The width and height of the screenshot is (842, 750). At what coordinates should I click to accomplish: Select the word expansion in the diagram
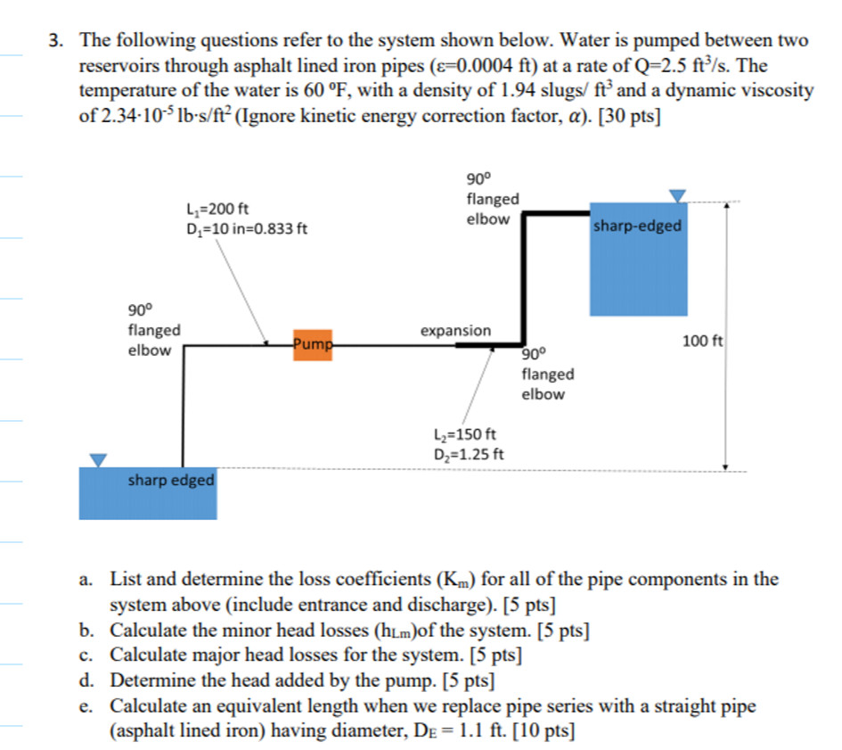(x=455, y=331)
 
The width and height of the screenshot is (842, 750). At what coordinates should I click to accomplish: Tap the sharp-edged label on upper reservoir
(x=637, y=226)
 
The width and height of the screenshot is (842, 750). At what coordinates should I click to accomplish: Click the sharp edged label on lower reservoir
(x=171, y=481)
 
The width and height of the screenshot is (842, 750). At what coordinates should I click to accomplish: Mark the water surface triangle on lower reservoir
(x=97, y=459)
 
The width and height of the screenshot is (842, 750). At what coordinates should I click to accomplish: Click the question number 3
(x=55, y=41)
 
